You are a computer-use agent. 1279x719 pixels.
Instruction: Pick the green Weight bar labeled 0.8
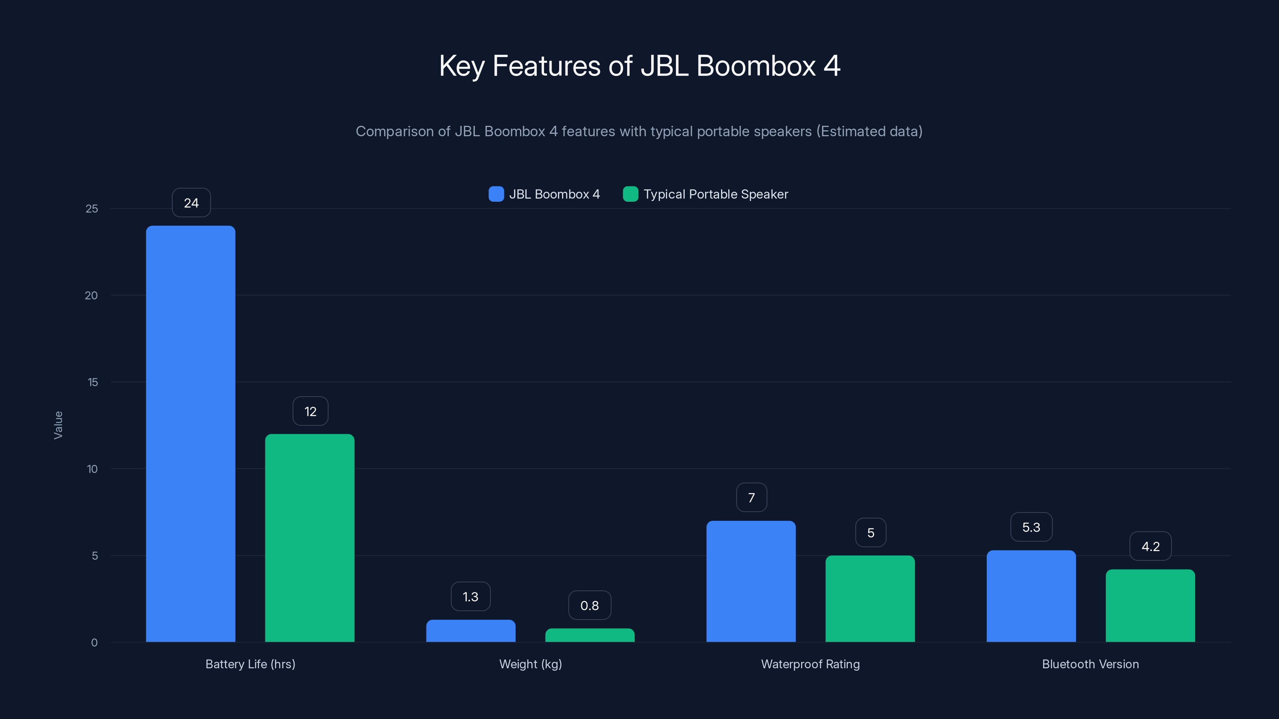tap(590, 635)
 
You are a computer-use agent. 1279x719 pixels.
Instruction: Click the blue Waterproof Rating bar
tap(751, 581)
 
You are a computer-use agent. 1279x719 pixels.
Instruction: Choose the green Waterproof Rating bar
tap(870, 598)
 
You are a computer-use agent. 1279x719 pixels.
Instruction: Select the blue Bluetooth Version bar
tap(1031, 596)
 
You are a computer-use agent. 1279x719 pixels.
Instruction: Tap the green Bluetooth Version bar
tap(1150, 606)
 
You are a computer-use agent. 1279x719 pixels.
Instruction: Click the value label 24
tap(191, 203)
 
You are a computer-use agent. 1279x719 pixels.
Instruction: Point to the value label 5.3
tap(1031, 527)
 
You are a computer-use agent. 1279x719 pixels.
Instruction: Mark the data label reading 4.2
tap(1150, 546)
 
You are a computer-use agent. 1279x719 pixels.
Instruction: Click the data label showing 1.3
tap(470, 596)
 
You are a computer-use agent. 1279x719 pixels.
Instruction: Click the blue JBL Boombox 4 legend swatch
tap(496, 194)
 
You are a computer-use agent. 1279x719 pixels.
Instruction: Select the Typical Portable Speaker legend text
tap(715, 194)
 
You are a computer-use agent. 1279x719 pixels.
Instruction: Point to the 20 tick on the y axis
tap(92, 296)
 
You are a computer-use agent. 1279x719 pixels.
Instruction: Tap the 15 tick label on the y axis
tap(92, 382)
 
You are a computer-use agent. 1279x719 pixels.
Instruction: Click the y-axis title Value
tap(58, 425)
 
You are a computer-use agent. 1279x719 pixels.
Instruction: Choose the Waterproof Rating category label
tap(810, 664)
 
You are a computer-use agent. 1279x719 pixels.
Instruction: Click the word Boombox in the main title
tap(756, 66)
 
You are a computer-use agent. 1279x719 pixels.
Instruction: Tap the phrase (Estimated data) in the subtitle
tap(869, 131)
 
